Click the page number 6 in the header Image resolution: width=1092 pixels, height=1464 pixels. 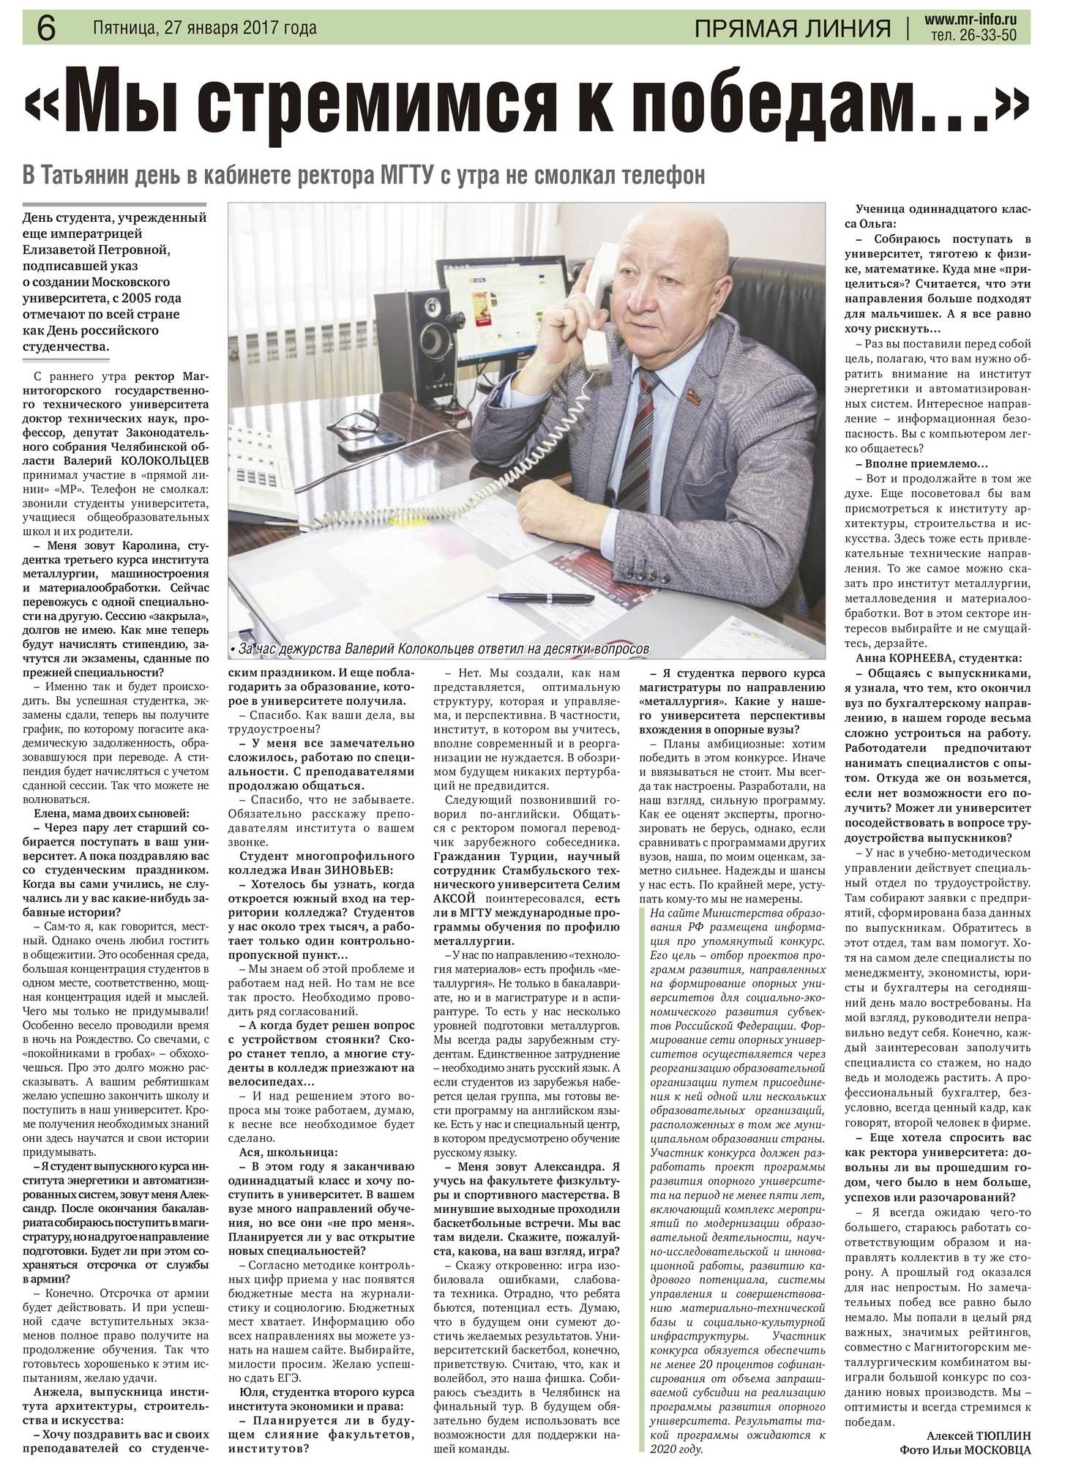[45, 28]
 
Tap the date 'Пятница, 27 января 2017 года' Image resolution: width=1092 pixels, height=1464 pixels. [205, 28]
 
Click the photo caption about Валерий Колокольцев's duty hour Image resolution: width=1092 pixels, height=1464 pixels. [439, 649]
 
